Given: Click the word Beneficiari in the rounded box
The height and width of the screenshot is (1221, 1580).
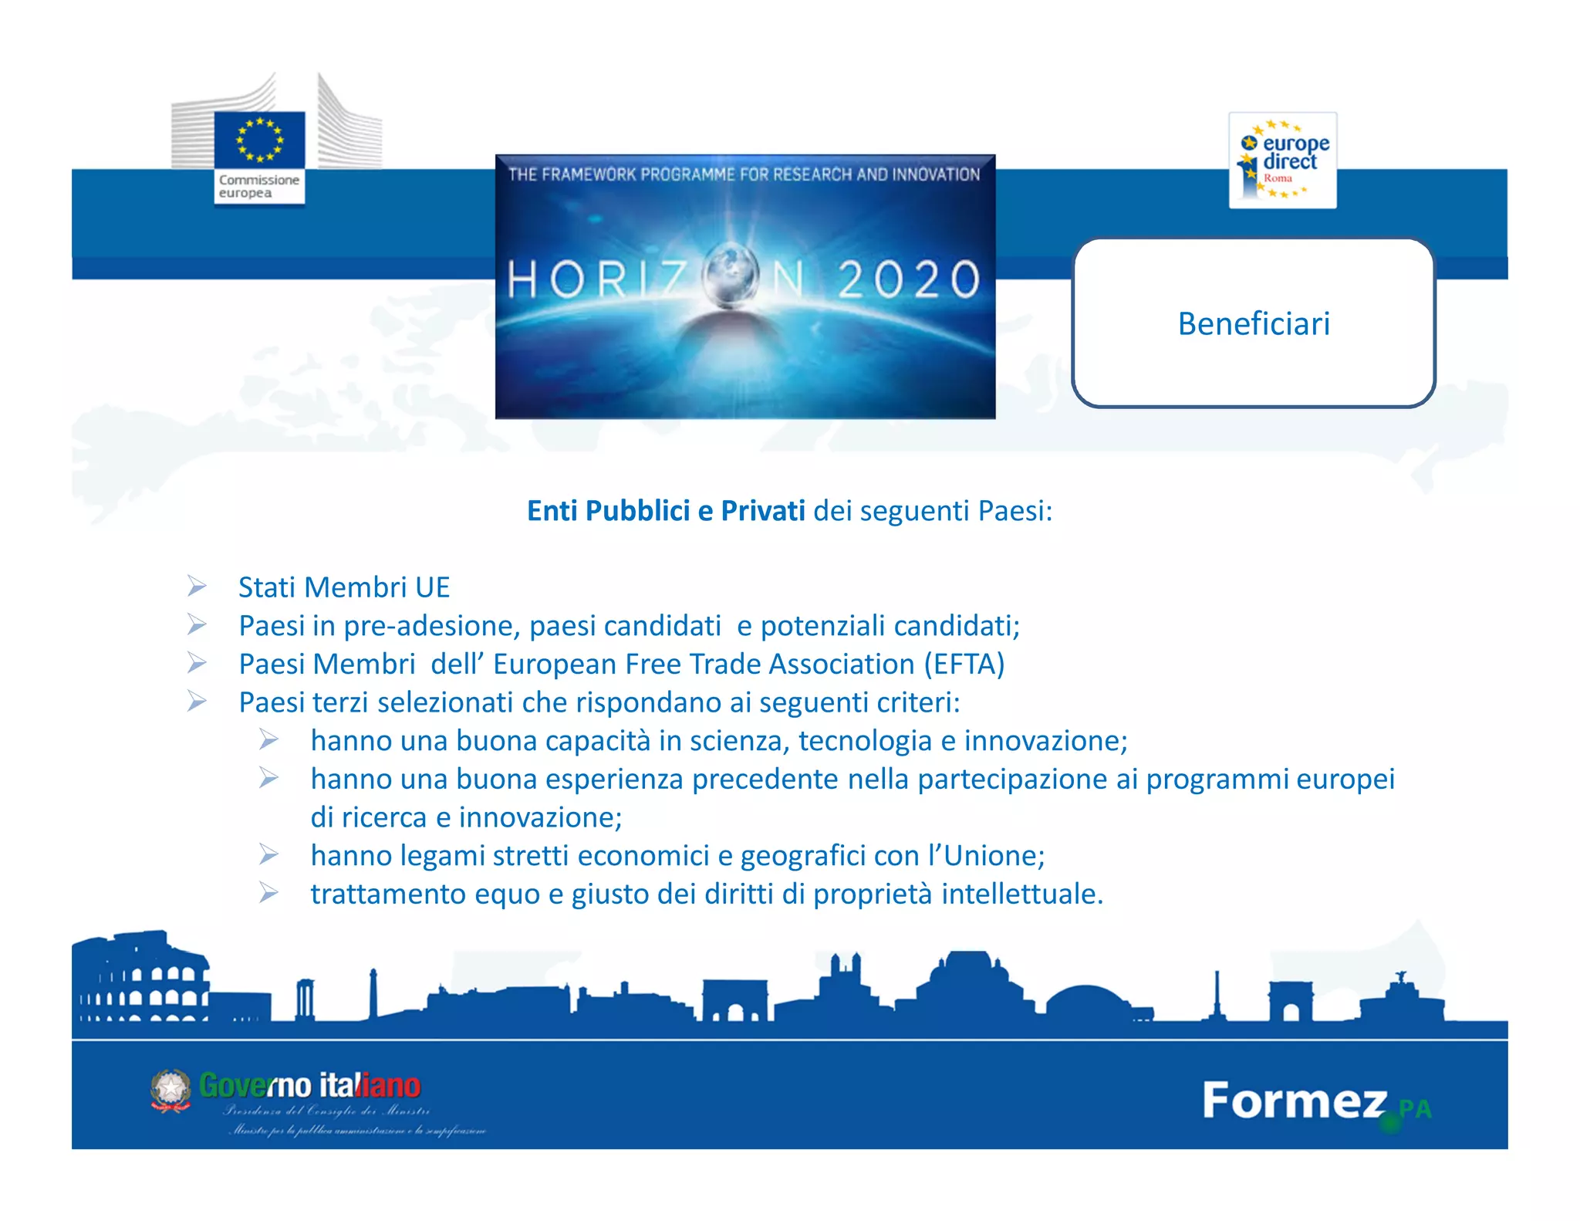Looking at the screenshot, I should (x=1254, y=324).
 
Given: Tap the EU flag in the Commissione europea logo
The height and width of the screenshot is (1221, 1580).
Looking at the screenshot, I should (x=259, y=140).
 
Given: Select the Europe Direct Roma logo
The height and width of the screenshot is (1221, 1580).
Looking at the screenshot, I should (x=1282, y=161).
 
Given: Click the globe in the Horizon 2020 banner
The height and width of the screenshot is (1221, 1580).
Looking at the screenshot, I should (x=731, y=276).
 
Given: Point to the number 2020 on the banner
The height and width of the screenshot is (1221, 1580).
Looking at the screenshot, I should (x=908, y=279).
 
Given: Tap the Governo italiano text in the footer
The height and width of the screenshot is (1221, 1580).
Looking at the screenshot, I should (x=309, y=1086).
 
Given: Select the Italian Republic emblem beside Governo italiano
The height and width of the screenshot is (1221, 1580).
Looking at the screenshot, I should (x=170, y=1090).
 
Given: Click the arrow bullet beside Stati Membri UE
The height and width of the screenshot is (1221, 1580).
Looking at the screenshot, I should (x=197, y=587).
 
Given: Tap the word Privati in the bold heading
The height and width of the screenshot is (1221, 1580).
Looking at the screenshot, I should (x=762, y=511).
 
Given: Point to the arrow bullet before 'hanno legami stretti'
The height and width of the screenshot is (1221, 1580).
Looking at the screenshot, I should (x=268, y=854).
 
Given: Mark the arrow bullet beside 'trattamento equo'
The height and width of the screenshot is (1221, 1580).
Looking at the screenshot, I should (x=268, y=893).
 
